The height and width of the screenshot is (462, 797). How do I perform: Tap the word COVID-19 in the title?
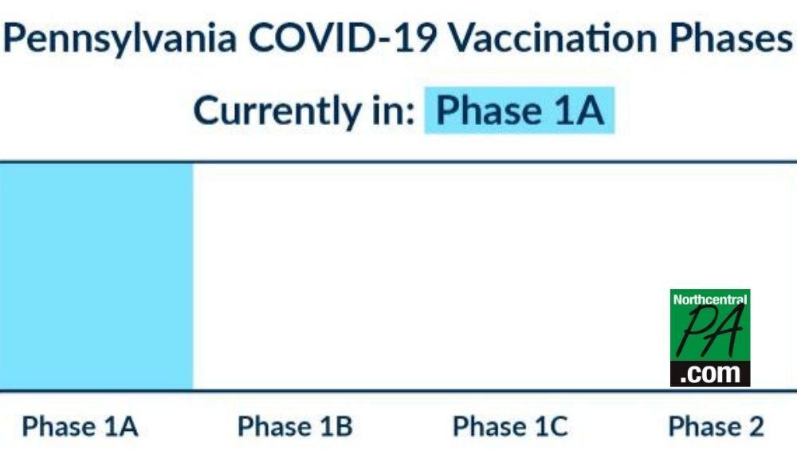coord(343,37)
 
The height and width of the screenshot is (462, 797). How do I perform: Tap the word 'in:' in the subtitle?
coord(394,110)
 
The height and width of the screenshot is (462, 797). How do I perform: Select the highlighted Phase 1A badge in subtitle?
coord(520,110)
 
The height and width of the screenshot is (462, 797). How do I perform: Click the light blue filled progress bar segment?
coord(96,276)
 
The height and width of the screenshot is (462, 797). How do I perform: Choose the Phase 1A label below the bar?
coord(80,426)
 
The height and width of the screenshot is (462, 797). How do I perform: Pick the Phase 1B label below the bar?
coord(295,426)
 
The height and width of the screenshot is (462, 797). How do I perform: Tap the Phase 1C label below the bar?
coord(510,426)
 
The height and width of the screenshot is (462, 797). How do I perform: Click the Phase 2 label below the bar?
coord(716,426)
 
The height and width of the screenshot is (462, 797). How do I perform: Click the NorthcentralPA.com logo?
coord(710,338)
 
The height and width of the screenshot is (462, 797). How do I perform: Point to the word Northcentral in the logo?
coord(710,300)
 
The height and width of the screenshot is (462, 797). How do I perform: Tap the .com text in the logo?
coord(710,374)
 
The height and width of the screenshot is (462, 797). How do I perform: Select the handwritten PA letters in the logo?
coord(711,332)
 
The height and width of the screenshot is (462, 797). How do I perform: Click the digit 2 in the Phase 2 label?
coord(754,426)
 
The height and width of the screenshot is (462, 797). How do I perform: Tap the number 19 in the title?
coord(416,37)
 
